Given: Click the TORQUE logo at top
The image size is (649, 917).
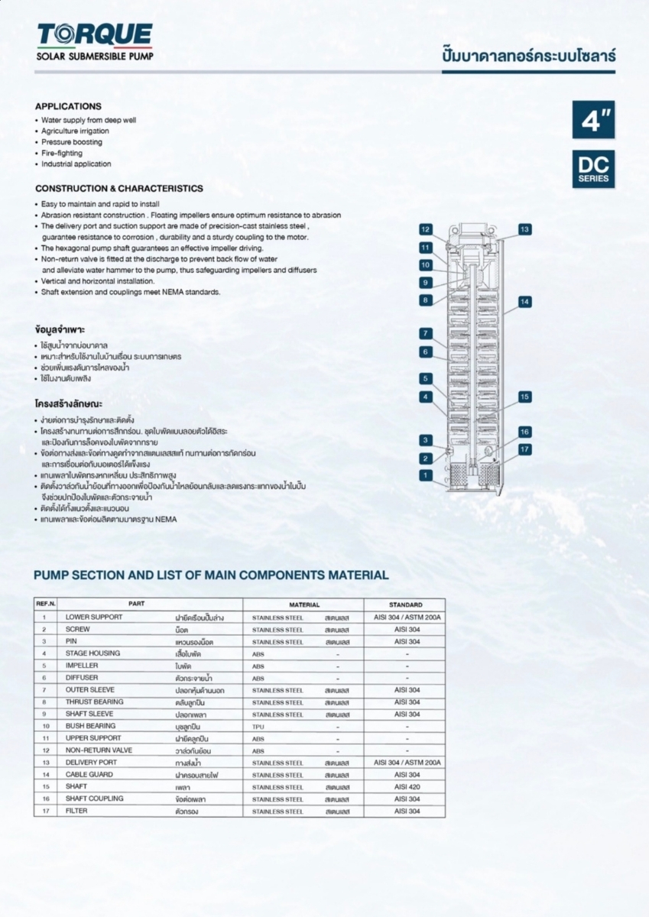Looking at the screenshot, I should [x=95, y=36].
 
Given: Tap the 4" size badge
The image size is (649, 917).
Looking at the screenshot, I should [x=592, y=120].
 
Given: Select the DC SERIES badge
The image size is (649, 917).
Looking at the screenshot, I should [x=593, y=169].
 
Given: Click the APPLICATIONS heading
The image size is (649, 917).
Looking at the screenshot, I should [x=68, y=106].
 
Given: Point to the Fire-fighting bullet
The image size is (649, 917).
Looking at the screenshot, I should [x=62, y=153].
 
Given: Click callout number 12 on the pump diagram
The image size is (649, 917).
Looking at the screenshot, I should [x=426, y=229].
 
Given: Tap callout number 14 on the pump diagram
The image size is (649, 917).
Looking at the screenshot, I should [x=524, y=302].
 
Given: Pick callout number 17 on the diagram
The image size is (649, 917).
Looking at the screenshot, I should [x=524, y=449].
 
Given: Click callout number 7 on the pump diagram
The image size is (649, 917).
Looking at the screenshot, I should [x=426, y=333].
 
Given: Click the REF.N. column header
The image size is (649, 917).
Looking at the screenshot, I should [x=46, y=604].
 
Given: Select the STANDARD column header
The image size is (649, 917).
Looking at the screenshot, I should [x=405, y=604].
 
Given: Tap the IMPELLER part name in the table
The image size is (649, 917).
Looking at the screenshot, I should [x=82, y=666].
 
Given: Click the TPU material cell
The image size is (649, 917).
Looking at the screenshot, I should [x=258, y=726].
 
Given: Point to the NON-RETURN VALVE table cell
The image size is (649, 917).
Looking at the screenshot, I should [x=99, y=750].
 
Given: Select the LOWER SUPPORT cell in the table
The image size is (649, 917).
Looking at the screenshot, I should [x=93, y=617].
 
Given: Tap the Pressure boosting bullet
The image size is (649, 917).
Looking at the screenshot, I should [x=71, y=142].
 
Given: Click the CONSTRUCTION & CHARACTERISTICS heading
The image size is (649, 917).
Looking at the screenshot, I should [x=119, y=188].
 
